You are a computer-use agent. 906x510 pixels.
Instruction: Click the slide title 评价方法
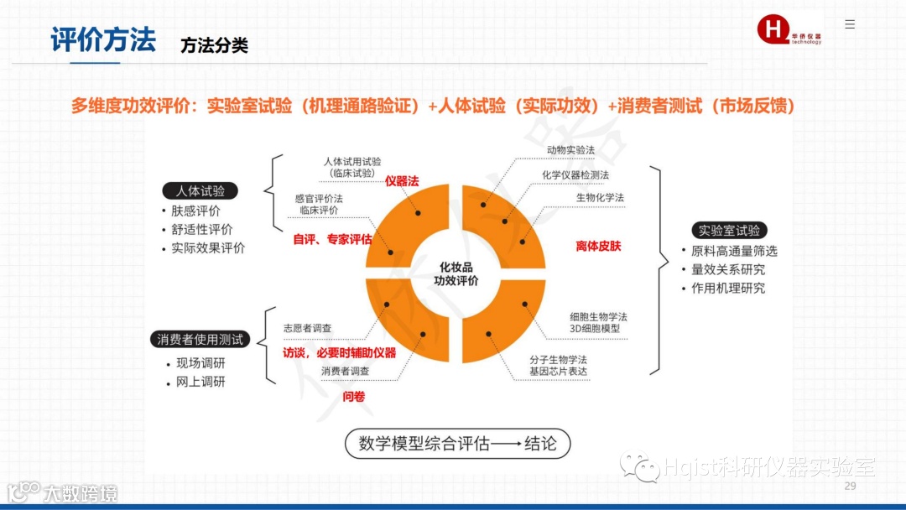click(x=103, y=40)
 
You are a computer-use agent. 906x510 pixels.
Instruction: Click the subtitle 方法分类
click(x=214, y=45)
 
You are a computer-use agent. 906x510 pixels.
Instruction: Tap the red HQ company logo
click(x=773, y=29)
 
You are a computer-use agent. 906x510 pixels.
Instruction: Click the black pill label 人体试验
click(x=200, y=191)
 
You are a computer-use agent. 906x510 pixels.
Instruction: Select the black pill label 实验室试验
click(x=729, y=231)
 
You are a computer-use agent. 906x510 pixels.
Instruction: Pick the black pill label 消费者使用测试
click(x=200, y=340)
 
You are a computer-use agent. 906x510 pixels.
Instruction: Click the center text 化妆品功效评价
click(x=456, y=273)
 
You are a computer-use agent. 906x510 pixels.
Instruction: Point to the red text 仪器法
click(x=401, y=180)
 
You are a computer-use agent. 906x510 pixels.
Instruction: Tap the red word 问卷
click(x=353, y=396)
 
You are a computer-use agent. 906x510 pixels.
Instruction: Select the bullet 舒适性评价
click(x=202, y=229)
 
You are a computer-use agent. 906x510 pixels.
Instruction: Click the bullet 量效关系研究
click(x=728, y=269)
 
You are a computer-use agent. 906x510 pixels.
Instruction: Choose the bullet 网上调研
click(x=200, y=382)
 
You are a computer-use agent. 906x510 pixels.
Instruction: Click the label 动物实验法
click(x=570, y=149)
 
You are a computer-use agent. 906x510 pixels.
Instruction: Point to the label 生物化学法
click(x=600, y=197)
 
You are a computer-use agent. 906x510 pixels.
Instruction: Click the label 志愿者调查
click(x=307, y=328)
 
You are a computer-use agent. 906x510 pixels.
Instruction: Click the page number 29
click(x=850, y=487)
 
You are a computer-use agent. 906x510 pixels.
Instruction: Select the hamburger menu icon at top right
click(x=850, y=24)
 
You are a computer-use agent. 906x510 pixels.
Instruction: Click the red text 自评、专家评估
click(x=332, y=239)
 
